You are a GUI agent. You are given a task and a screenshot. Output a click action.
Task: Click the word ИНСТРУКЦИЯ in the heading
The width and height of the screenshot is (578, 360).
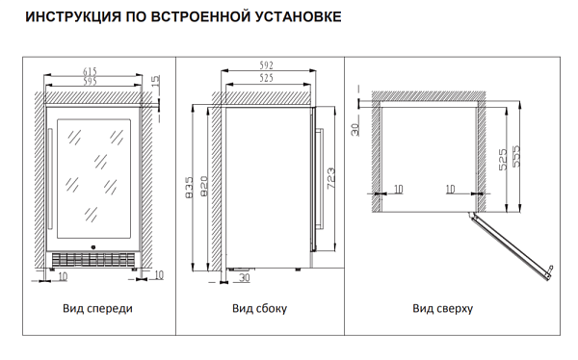click(73, 17)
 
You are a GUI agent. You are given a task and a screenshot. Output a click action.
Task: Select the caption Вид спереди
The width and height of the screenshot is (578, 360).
click(97, 308)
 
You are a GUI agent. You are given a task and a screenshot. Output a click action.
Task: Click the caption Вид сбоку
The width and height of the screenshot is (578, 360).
click(259, 308)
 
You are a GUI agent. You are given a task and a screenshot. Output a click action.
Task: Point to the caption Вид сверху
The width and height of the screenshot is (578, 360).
click(443, 308)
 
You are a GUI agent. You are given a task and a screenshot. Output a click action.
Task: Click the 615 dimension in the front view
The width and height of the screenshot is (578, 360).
click(90, 71)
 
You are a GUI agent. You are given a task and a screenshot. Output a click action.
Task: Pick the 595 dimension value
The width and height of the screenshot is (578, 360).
click(90, 81)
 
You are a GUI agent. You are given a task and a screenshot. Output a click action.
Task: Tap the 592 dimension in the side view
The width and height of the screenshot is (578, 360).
click(266, 65)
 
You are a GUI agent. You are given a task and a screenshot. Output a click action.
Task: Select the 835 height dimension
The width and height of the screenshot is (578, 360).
click(189, 187)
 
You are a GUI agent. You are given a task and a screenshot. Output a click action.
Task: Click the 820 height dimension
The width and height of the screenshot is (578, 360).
click(204, 187)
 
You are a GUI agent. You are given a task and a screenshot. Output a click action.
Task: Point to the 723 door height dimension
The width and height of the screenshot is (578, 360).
click(330, 178)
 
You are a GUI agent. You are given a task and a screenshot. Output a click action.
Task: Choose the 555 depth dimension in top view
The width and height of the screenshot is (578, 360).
click(516, 156)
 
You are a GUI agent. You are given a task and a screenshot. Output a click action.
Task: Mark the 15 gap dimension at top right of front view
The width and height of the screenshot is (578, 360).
click(156, 80)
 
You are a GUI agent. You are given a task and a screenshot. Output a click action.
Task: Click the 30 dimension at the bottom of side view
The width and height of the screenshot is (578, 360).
click(245, 277)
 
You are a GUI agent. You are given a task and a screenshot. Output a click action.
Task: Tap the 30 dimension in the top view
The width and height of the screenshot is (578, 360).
click(355, 129)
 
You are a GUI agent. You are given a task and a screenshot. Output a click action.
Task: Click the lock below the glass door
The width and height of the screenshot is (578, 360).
click(92, 247)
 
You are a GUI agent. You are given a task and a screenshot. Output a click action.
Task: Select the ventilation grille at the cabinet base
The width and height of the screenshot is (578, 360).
click(92, 260)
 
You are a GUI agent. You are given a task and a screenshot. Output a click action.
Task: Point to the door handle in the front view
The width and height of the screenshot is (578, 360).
click(50, 179)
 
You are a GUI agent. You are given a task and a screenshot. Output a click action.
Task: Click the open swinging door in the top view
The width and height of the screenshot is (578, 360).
click(511, 245)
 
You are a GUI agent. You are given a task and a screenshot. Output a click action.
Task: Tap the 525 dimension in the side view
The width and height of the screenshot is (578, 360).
click(266, 78)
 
